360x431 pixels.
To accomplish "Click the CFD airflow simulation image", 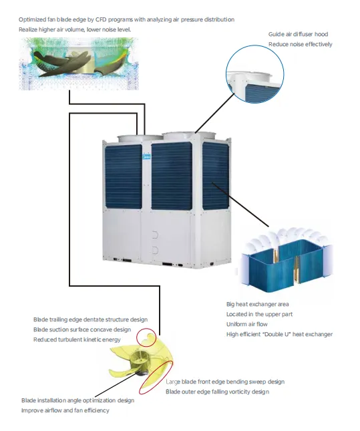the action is tap(79, 63).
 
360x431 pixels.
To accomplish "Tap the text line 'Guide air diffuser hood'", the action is tap(298, 34).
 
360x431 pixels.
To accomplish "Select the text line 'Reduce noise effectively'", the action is tap(301, 44).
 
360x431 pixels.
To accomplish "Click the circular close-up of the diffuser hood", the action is tap(254, 74).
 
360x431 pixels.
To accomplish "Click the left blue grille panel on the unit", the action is tap(124, 176).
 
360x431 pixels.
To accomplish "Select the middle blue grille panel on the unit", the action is tap(172, 176).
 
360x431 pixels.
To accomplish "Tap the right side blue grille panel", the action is tap(216, 176).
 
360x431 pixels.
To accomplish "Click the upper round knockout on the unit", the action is tap(155, 235).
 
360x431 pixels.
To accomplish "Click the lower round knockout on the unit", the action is tap(155, 251).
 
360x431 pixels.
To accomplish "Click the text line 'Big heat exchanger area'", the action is tap(258, 304).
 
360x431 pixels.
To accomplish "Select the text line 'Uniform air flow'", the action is tap(246, 324).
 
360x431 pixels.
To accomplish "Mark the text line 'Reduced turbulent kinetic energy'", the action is tap(77, 339).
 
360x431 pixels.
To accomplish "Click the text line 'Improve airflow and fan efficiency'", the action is tap(65, 410).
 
